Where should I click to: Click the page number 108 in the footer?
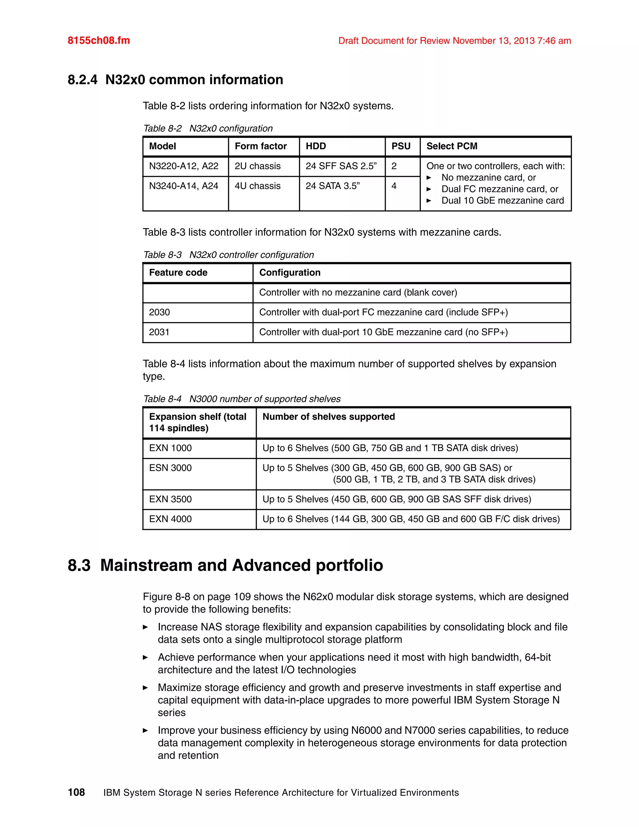pyautogui.click(x=76, y=792)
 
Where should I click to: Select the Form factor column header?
pyautogui.click(x=261, y=146)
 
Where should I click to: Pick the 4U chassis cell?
pyautogui.click(x=257, y=186)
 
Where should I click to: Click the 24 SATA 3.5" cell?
pyautogui.click(x=332, y=186)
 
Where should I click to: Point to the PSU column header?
pyautogui.click(x=401, y=146)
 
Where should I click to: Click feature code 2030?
pyautogui.click(x=159, y=312)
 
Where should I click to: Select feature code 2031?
pyautogui.click(x=159, y=332)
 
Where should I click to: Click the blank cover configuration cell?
pyautogui.click(x=358, y=292)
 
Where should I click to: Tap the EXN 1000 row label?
pyautogui.click(x=170, y=448)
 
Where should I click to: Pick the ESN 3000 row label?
pyautogui.click(x=170, y=468)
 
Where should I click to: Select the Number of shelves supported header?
pyautogui.click(x=328, y=417)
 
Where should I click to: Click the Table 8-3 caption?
pyautogui.click(x=228, y=255)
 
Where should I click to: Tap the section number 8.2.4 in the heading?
pyautogui.click(x=82, y=80)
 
